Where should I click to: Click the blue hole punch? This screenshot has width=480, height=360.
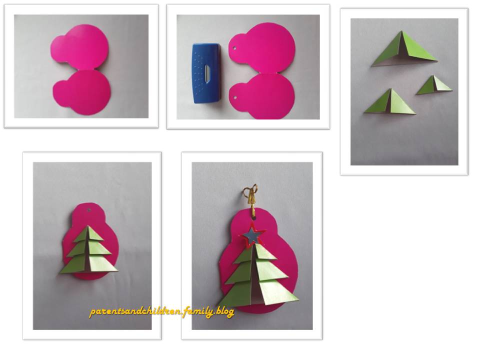click(207, 73)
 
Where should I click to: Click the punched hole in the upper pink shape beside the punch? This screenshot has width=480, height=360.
click(235, 48)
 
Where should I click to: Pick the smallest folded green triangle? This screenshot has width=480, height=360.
click(434, 85)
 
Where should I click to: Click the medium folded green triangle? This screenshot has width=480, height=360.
click(390, 102)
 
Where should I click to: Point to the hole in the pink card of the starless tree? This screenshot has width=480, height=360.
click(89, 210)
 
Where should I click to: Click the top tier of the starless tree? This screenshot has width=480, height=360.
click(89, 234)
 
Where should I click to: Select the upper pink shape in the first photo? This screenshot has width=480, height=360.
click(79, 46)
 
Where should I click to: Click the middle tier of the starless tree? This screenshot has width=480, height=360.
click(89, 248)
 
